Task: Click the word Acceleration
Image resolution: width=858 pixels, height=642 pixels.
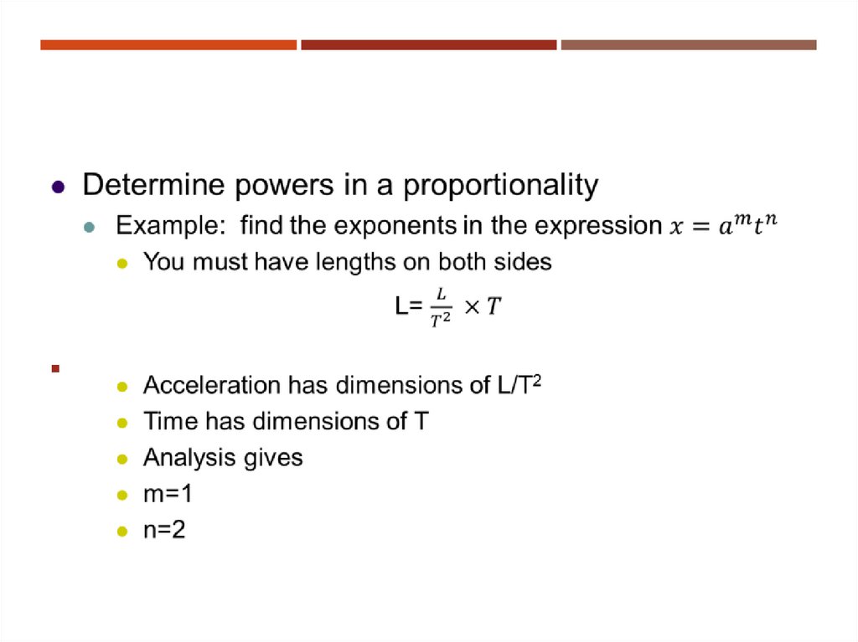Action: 211,385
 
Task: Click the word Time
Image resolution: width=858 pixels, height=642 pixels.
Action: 168,421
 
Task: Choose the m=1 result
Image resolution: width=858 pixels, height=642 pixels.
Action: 168,495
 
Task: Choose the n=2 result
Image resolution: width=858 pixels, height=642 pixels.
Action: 164,531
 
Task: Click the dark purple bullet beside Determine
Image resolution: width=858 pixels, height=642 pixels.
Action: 57,187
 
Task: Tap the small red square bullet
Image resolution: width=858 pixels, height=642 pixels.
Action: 55,368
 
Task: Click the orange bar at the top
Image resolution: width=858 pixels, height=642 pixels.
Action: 168,44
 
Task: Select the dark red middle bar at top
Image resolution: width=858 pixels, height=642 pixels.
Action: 428,44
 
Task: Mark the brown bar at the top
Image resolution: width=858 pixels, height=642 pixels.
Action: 688,44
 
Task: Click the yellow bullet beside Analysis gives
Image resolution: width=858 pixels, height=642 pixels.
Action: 122,460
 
